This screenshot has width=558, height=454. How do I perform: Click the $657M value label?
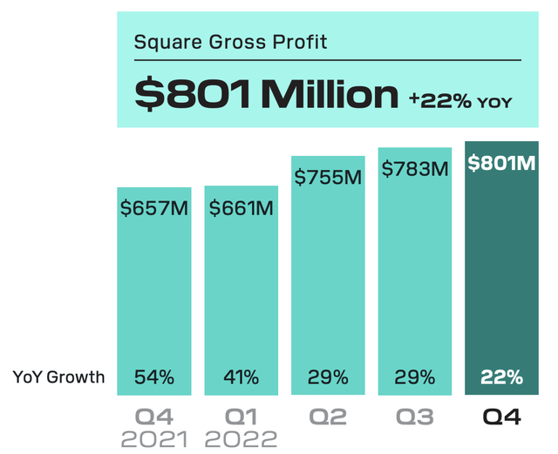click(154, 209)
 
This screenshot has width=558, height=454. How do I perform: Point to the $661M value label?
click(241, 209)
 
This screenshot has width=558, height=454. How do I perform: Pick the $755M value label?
click(328, 178)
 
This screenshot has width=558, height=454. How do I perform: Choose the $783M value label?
click(414, 169)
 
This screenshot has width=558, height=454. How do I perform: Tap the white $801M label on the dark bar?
click(501, 163)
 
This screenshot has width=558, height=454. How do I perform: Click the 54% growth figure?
click(154, 377)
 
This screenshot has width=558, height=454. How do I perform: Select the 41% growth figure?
click(241, 377)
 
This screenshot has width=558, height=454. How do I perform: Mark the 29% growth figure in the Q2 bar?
click(328, 377)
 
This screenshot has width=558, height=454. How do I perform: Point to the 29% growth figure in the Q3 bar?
click(414, 377)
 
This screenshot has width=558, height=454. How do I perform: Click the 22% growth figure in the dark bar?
click(501, 377)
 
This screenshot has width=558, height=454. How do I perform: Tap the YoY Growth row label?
click(58, 377)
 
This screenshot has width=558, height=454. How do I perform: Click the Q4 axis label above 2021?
click(154, 417)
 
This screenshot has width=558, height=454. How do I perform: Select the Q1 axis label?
click(240, 417)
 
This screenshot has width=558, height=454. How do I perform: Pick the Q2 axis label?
click(328, 417)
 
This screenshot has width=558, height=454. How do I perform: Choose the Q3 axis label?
click(414, 417)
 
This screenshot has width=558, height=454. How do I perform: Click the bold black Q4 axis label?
click(501, 417)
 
